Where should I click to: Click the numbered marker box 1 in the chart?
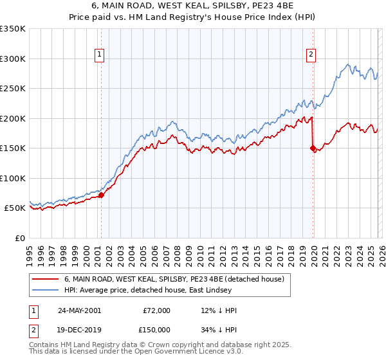(x=100, y=55)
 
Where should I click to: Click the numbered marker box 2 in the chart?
(x=311, y=55)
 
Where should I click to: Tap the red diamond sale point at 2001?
(x=101, y=195)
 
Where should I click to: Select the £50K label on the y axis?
(x=15, y=208)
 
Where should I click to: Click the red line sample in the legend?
(x=45, y=280)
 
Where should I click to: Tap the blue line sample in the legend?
(x=45, y=291)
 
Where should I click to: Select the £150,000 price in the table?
(x=157, y=328)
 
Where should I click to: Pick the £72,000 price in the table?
(x=157, y=310)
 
